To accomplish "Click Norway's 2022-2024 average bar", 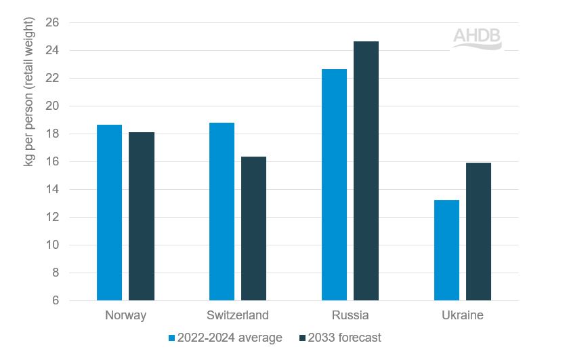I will point(109,213).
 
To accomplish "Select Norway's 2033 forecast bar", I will point(142,216).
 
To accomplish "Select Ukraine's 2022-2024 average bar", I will point(446,250).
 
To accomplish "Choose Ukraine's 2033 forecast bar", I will point(478,231).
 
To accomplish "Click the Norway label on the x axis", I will point(125,315).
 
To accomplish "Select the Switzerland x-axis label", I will point(238,315).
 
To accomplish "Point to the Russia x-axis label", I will point(350,315).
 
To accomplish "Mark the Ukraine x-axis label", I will point(463,315).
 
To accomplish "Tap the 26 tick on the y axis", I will point(54,23).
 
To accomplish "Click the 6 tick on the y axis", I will point(56,300).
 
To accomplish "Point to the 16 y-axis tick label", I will point(54,161).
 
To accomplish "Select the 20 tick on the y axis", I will point(54,106).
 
